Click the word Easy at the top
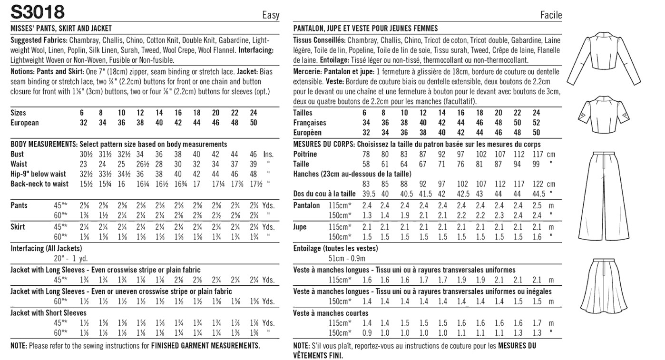[x=271, y=15]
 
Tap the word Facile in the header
[x=551, y=15]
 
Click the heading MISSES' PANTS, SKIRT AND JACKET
[x=61, y=29]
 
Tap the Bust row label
[x=17, y=154]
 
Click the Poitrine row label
[x=305, y=154]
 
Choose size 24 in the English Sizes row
[x=253, y=113]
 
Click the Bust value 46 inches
[x=253, y=154]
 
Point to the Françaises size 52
[x=537, y=123]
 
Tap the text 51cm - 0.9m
[x=347, y=258]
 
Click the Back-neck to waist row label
[x=39, y=184]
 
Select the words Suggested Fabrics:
[x=39, y=40]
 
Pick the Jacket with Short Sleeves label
[x=49, y=313]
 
